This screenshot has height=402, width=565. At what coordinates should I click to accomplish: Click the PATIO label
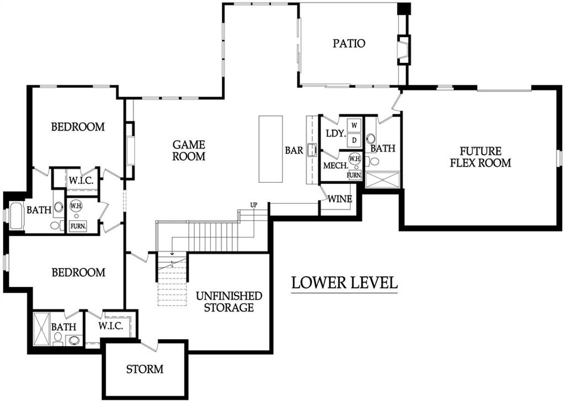click(349, 44)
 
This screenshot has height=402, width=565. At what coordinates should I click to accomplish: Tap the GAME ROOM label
click(189, 150)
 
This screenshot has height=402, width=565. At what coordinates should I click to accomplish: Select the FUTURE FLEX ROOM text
click(481, 157)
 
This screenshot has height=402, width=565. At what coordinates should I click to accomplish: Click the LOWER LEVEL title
click(344, 282)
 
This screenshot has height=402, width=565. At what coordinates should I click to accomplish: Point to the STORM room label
click(145, 369)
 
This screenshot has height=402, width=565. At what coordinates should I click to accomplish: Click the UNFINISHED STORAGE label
click(229, 301)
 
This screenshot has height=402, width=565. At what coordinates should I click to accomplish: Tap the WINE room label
click(340, 199)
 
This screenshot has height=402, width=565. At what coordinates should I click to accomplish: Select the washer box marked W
click(354, 125)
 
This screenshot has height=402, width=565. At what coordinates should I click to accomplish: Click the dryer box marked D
click(354, 140)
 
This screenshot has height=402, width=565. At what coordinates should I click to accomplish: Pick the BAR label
click(294, 150)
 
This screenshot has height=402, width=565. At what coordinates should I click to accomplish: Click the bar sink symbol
click(312, 150)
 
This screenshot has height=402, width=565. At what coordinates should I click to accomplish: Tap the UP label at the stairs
click(254, 205)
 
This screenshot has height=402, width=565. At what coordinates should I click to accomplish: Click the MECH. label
click(335, 166)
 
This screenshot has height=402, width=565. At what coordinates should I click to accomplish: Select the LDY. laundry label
click(336, 133)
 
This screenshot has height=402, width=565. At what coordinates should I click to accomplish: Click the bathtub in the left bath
click(16, 215)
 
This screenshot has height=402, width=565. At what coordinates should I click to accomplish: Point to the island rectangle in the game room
click(270, 149)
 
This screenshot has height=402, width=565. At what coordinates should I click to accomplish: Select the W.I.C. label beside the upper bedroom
click(81, 181)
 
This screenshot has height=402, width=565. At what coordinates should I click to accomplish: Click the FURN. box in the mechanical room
click(354, 175)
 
